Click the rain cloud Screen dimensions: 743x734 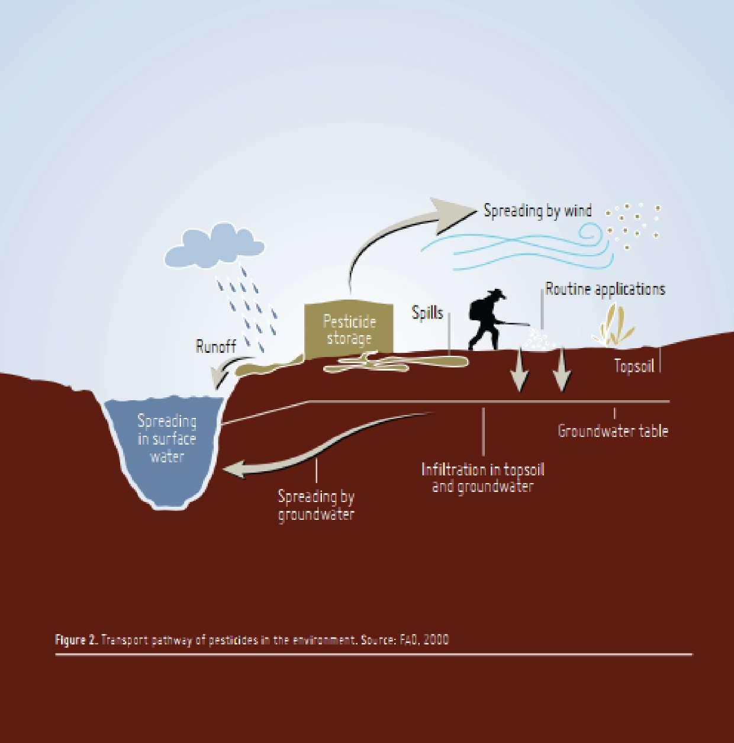[214, 246]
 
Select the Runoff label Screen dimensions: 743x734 [215, 346]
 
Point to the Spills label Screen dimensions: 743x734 [427, 313]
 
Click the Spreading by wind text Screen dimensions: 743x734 [537, 211]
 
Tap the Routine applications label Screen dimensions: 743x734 [605, 289]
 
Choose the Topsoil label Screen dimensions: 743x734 [634, 366]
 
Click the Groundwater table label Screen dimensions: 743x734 [613, 430]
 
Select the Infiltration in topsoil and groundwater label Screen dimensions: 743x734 [482, 478]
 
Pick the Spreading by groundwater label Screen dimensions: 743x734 [316, 505]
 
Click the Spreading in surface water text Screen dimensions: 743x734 [166, 439]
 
